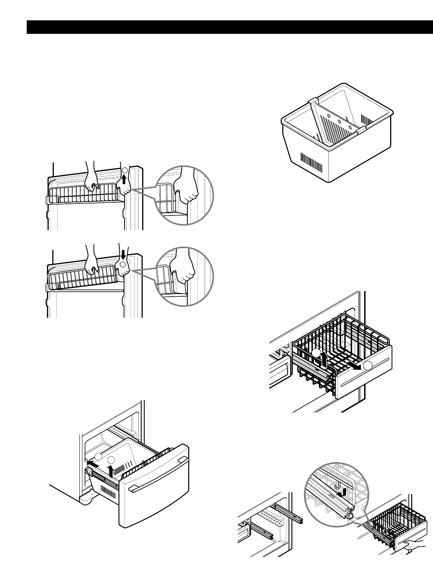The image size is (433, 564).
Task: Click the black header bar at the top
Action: pos(229,27)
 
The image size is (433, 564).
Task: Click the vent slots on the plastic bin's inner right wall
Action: pos(366,120)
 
